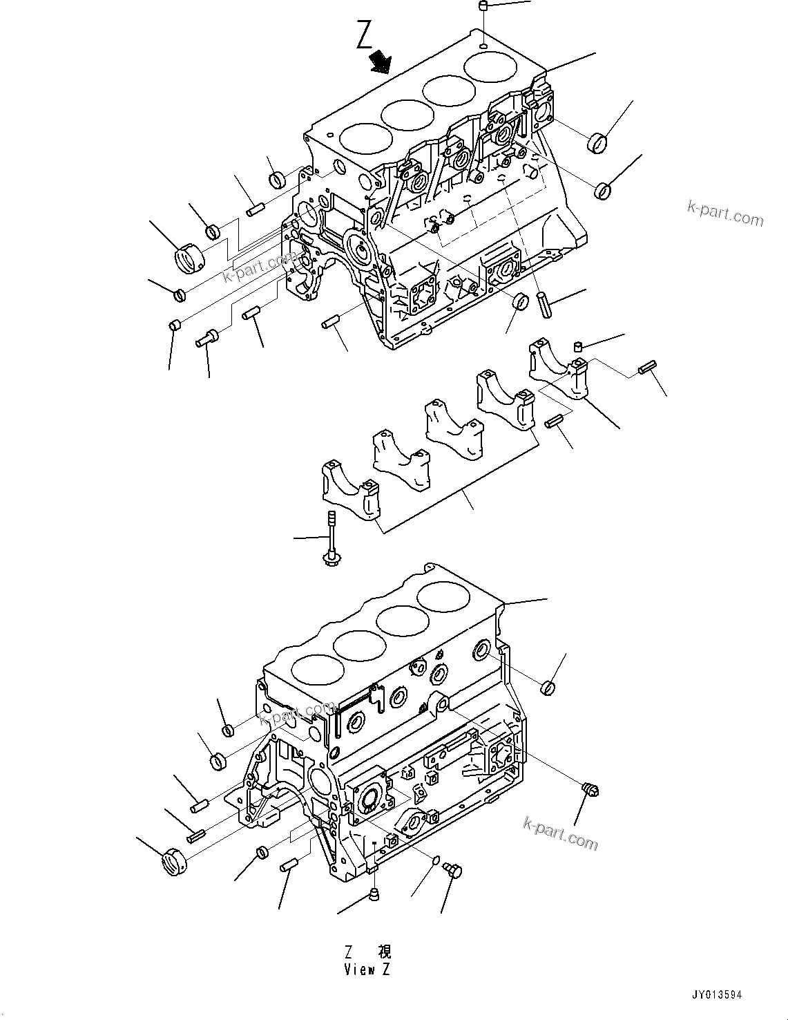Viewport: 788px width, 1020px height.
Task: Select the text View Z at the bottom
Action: (367, 969)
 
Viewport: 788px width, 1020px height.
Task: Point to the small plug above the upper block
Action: (483, 6)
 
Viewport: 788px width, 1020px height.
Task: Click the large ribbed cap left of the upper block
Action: (187, 259)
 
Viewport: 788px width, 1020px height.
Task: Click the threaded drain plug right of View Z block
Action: (589, 788)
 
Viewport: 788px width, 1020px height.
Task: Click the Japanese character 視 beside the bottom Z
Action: (384, 952)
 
